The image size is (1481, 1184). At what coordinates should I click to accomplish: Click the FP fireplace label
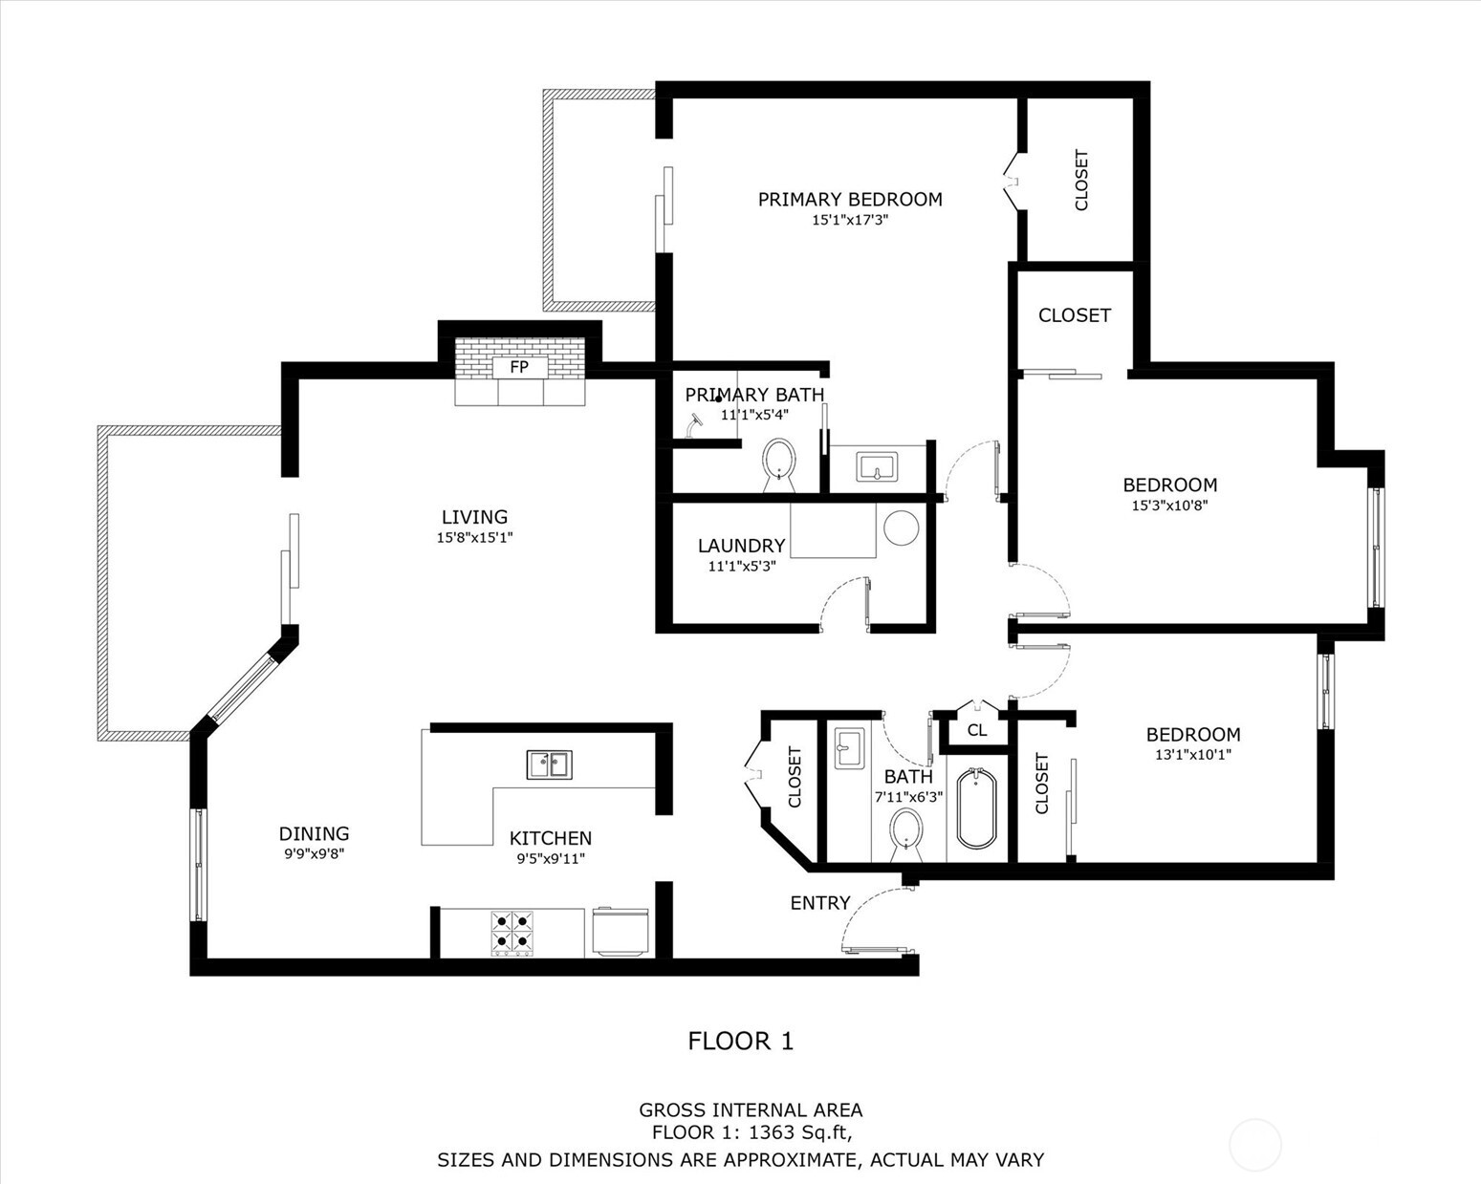(519, 367)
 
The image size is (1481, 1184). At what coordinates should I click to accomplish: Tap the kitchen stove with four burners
(512, 934)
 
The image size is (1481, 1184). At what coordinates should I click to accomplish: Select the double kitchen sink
(549, 764)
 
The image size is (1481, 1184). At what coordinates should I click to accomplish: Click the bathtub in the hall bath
(976, 807)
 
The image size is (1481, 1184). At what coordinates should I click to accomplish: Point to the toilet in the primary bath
(780, 462)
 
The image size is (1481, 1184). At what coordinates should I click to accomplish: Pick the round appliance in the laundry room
(901, 527)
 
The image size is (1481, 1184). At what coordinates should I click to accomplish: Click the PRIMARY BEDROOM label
(850, 199)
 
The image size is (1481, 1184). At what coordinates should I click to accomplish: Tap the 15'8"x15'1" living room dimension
(474, 537)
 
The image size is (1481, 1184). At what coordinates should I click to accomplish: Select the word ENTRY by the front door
(819, 903)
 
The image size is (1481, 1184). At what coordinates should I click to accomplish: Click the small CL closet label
(976, 731)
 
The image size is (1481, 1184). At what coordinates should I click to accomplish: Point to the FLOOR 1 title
(741, 1041)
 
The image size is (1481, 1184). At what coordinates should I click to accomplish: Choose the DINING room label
(314, 833)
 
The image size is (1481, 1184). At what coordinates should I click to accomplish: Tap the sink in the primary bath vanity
(877, 467)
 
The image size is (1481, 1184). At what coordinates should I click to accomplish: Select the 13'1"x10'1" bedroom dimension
(1192, 754)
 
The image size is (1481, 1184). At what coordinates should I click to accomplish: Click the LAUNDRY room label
(741, 546)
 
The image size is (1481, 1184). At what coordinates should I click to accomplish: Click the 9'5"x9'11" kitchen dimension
(550, 858)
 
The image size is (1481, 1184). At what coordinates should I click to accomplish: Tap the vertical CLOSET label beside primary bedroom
(1081, 180)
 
